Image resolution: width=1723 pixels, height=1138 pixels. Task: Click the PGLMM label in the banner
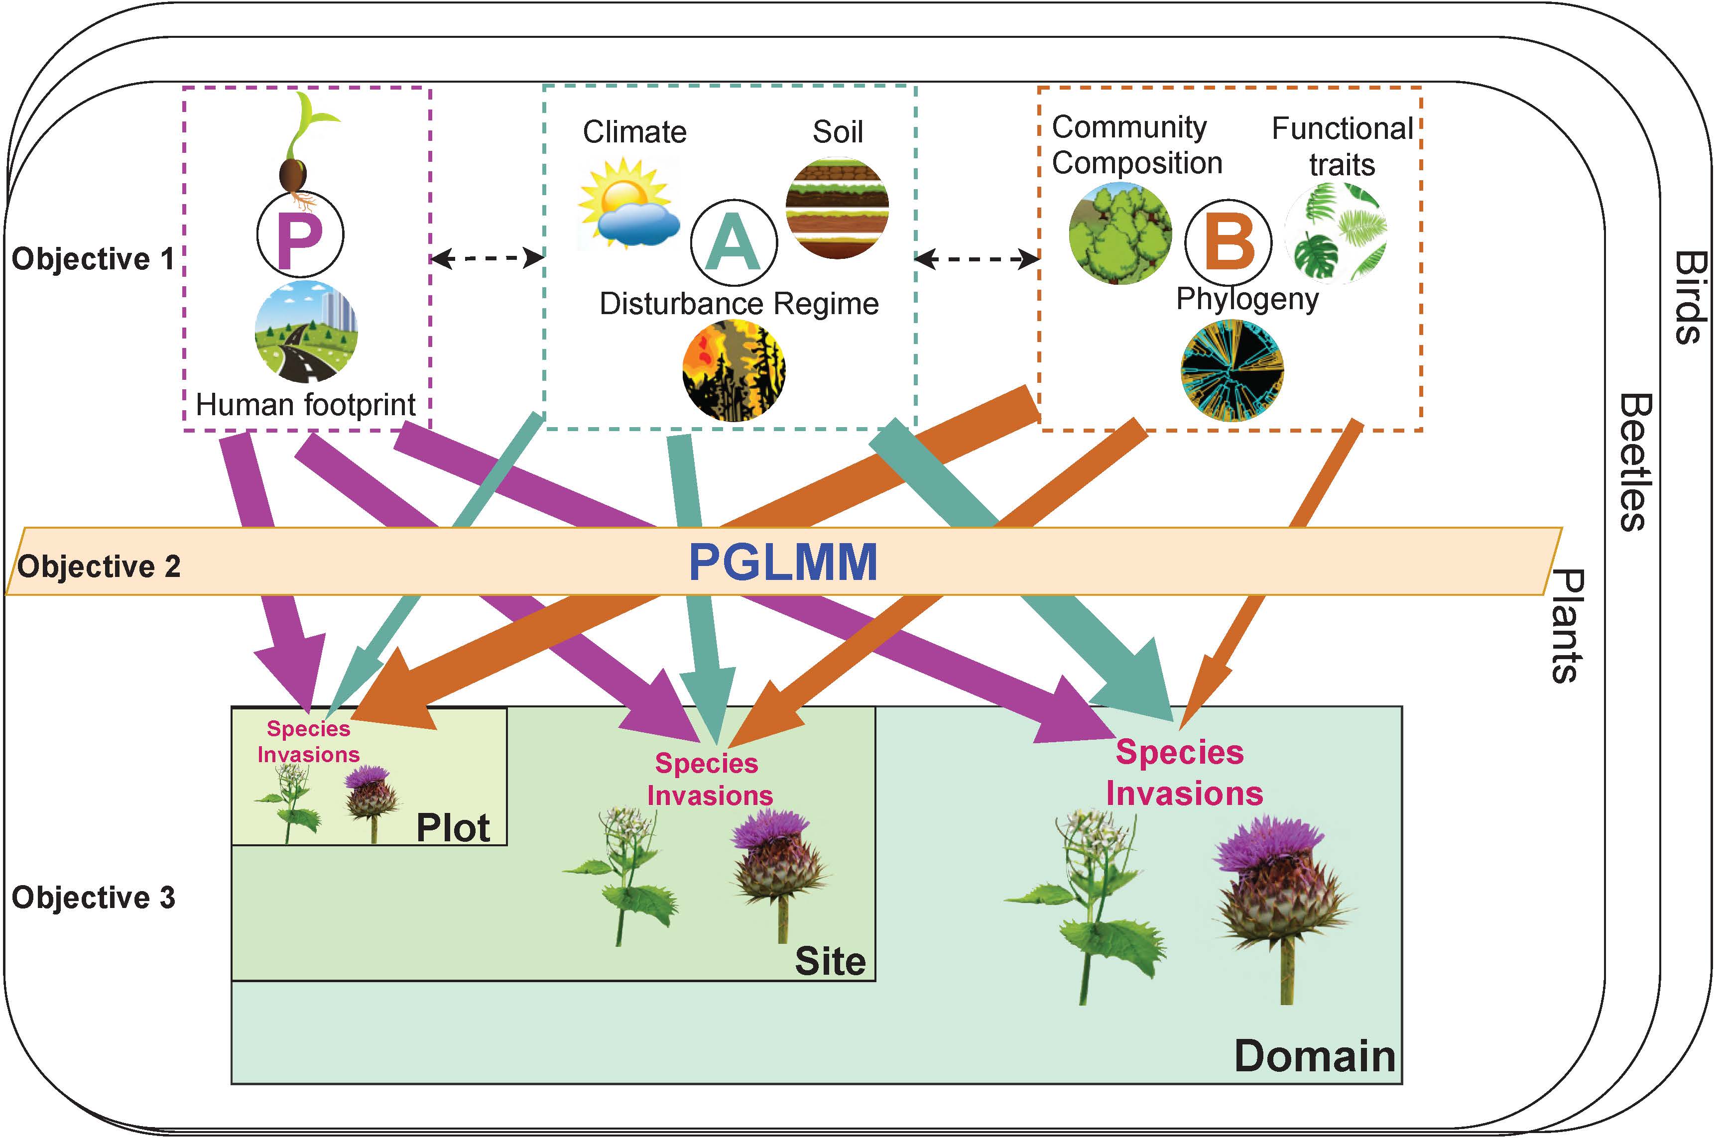(782, 563)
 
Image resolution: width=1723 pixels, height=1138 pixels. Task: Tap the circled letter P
(300, 235)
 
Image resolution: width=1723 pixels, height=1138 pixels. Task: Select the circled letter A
(733, 243)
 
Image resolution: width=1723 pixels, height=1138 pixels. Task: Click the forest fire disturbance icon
(733, 371)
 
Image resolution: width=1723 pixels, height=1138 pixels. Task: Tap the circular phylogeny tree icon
(1231, 371)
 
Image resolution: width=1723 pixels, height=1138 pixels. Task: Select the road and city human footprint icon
(306, 332)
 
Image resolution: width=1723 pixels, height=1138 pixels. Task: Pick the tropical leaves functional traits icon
(1336, 232)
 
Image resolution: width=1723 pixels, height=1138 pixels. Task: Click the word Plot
(453, 827)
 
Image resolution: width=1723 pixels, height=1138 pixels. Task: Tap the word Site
(830, 962)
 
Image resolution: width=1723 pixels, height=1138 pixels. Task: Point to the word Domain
(1314, 1056)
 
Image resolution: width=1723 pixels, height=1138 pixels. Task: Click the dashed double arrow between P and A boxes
(487, 258)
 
